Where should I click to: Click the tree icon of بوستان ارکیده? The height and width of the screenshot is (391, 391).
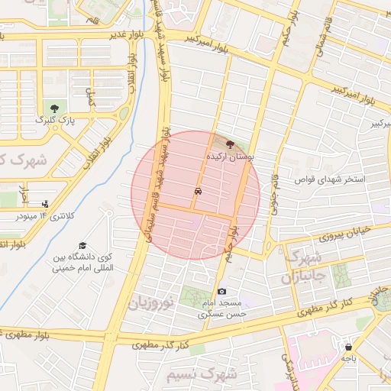point(231,144)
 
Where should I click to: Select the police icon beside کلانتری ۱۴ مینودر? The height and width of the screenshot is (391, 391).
point(46,204)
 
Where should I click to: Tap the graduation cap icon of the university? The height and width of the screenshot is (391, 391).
point(82,245)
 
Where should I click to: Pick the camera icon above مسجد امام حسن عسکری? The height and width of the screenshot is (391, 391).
point(221,291)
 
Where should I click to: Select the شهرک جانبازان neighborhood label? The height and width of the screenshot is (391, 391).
point(302,267)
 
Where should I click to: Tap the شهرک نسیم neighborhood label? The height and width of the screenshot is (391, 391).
point(213,375)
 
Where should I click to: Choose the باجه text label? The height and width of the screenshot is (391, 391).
point(348,357)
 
